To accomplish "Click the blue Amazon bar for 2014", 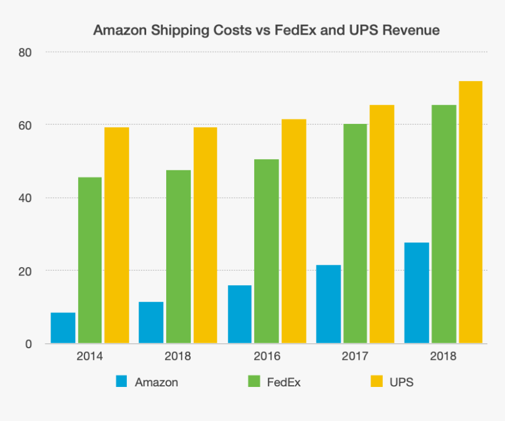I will point(63,328).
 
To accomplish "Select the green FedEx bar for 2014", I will point(90,260).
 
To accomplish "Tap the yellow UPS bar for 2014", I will point(116,235).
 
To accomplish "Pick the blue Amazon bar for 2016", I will point(240,314).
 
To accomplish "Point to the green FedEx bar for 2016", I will point(267,251).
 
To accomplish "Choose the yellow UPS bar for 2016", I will point(294,231).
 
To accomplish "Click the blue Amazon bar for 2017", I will point(328,304).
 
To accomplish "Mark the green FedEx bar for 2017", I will point(355,234).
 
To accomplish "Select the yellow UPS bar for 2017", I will point(382,224).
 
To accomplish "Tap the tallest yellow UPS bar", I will point(470,212).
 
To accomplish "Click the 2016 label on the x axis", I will point(267,356).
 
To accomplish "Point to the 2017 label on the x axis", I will point(355,356).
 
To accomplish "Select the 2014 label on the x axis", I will point(89,356).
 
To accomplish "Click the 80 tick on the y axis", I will point(24,52).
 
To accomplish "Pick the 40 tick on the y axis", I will point(24,198).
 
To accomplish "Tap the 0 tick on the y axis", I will point(28,343).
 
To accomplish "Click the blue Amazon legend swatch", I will point(122,382).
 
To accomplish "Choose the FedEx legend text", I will point(284,382).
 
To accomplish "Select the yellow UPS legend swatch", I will point(376,382).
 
